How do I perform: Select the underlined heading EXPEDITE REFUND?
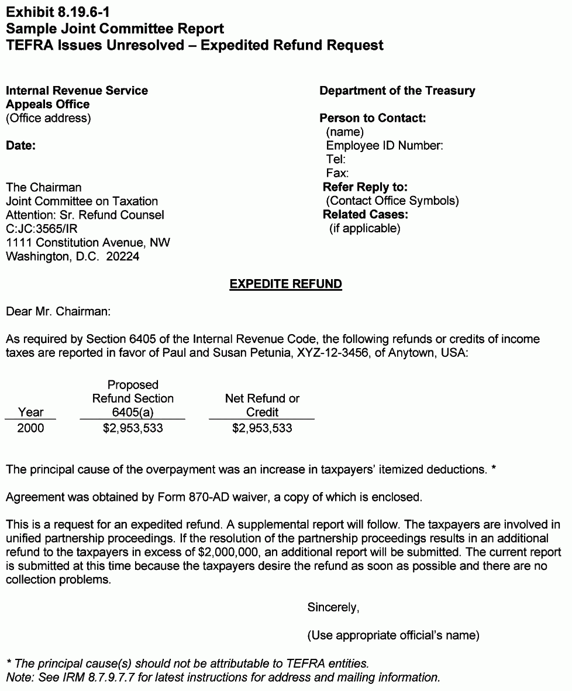pyautogui.click(x=285, y=284)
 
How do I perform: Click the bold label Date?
pyautogui.click(x=20, y=146)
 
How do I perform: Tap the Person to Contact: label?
pyautogui.click(x=373, y=118)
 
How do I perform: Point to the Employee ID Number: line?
pyautogui.click(x=384, y=146)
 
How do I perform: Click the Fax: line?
pyautogui.click(x=337, y=173)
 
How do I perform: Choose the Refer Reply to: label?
pyautogui.click(x=365, y=187)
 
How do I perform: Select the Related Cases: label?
pyautogui.click(x=365, y=215)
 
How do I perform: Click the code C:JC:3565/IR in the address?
pyautogui.click(x=42, y=229)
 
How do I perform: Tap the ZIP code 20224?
pyautogui.click(x=123, y=256)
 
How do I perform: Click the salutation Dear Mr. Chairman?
pyautogui.click(x=58, y=311)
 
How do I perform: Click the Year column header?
pyautogui.click(x=30, y=412)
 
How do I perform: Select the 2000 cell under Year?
pyautogui.click(x=30, y=428)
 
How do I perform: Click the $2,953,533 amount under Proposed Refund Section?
pyautogui.click(x=133, y=428)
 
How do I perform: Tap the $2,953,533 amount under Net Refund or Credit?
pyautogui.click(x=262, y=428)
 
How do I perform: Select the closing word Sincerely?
pyautogui.click(x=333, y=607)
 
